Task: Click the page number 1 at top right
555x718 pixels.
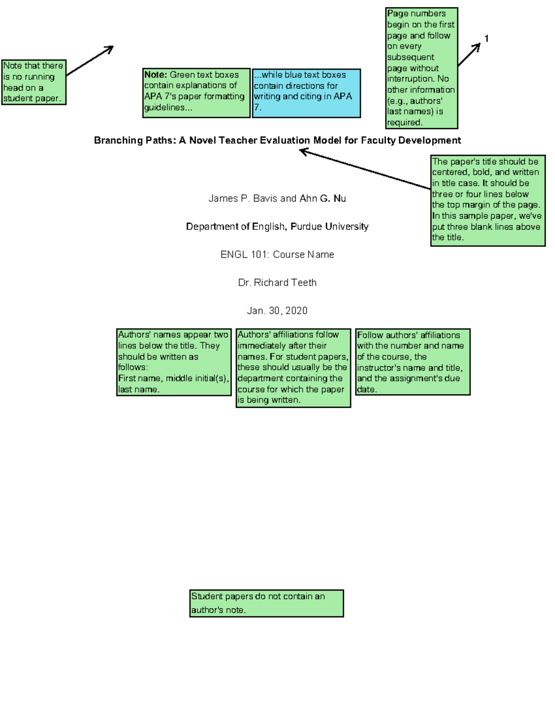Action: click(486, 38)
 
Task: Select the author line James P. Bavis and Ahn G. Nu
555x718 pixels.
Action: click(277, 198)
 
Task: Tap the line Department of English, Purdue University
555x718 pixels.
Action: click(277, 227)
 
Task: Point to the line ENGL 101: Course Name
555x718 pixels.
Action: click(277, 254)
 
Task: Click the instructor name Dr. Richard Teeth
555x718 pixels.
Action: click(277, 282)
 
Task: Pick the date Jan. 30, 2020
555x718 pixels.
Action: click(277, 311)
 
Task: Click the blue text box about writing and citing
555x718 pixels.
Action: click(306, 93)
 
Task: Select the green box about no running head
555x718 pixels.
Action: click(34, 82)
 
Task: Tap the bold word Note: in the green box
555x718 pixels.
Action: click(155, 75)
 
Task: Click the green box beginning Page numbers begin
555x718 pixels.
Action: click(421, 68)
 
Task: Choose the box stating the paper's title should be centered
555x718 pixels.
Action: click(487, 200)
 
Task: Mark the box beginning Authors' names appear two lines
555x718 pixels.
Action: click(173, 362)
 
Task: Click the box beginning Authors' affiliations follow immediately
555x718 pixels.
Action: click(293, 368)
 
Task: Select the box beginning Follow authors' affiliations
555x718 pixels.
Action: click(413, 362)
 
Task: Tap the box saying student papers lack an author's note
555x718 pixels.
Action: click(266, 603)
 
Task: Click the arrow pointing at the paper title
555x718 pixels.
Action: click(365, 169)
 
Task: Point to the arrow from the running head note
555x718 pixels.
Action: click(90, 60)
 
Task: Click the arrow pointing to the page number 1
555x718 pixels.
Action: click(469, 55)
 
